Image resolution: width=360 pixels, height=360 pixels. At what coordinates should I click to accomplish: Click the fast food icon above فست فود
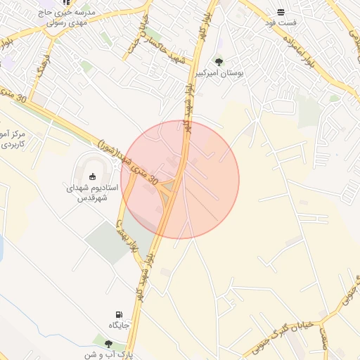point(281,12)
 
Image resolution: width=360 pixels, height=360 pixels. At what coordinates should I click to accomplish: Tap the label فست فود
point(281,23)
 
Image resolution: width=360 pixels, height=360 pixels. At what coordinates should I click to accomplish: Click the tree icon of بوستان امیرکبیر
point(218,61)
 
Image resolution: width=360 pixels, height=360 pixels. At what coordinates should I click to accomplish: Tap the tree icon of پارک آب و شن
point(108,343)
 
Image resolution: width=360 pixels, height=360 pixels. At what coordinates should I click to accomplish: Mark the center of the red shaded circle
point(180,180)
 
